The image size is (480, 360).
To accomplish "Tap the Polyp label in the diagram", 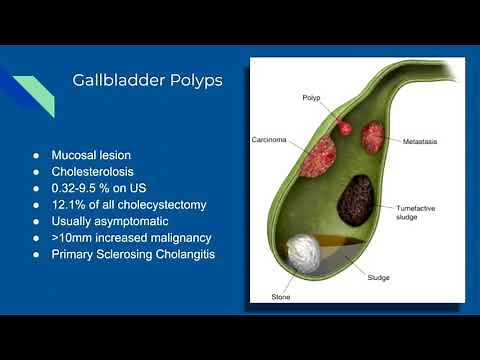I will pyautogui.click(x=312, y=97).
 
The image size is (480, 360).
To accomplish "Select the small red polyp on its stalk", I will pyautogui.click(x=345, y=128).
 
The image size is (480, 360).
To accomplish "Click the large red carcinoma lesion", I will pyautogui.click(x=319, y=157).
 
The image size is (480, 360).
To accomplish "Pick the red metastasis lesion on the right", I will pyautogui.click(x=373, y=137).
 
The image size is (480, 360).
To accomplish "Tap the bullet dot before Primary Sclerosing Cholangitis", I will pyautogui.click(x=36, y=254).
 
